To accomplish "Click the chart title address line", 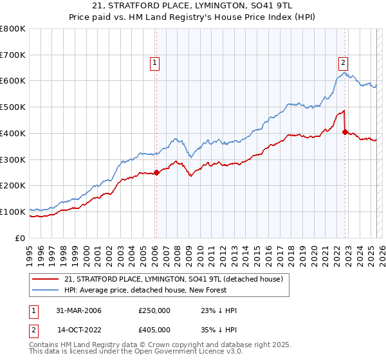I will [193, 6].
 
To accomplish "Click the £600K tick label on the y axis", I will [13, 81].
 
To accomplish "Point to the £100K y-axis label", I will [13, 212].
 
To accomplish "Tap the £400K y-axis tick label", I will [13, 133].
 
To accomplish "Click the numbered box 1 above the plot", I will [156, 62].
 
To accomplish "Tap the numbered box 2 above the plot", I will [344, 62].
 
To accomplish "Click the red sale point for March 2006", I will [156, 172].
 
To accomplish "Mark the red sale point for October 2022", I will [345, 132].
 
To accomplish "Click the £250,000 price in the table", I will [154, 310].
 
